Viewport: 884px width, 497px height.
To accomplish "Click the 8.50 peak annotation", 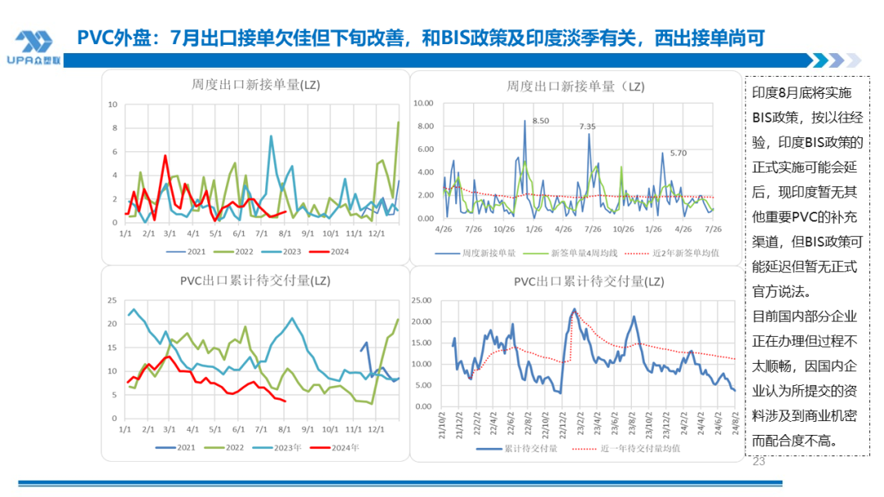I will click(540, 121).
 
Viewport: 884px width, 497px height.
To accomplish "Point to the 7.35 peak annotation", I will click(587, 127).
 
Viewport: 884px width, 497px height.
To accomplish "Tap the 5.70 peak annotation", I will click(678, 153).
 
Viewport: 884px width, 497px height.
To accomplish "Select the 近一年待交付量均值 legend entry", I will click(639, 448).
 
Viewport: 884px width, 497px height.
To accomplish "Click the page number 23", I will click(757, 462).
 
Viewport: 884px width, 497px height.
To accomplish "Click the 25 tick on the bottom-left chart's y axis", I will click(113, 300).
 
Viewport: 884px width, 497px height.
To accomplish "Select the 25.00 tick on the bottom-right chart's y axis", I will click(421, 300).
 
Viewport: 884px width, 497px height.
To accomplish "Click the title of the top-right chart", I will click(575, 84).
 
